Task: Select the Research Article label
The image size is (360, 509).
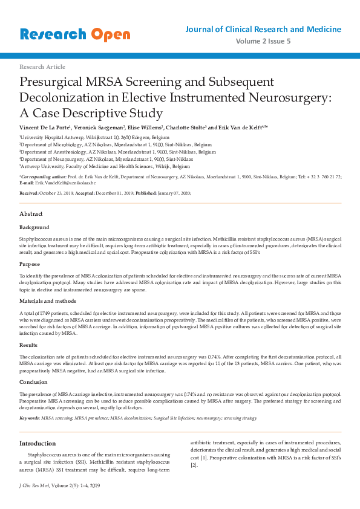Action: (42, 66)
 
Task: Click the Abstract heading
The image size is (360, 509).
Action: (31, 214)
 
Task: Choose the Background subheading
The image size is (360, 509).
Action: (34, 227)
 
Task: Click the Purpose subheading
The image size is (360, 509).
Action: (30, 264)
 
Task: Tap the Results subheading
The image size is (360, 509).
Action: (29, 345)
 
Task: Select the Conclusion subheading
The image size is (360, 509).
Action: (33, 381)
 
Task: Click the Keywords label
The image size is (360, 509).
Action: (30, 418)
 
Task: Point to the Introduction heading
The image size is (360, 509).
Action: (38, 443)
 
